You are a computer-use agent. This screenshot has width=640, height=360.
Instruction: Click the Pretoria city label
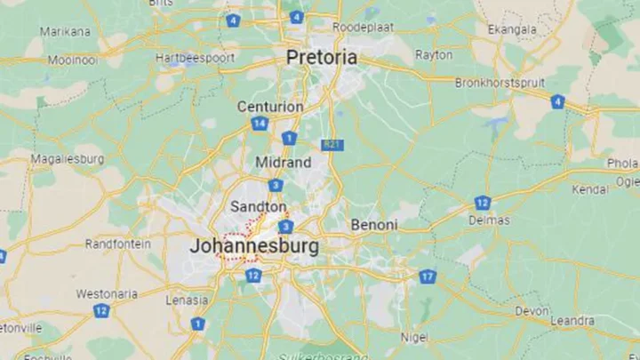[x=322, y=58]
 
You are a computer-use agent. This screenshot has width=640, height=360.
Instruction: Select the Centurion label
[x=270, y=107]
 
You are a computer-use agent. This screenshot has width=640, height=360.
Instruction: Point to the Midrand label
[x=284, y=163]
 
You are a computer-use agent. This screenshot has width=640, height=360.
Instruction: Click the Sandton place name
[x=258, y=206]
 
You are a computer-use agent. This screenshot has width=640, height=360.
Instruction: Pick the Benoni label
[x=373, y=225]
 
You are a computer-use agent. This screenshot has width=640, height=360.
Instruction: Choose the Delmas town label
[x=491, y=220]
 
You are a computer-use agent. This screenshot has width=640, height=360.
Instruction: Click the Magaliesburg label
[x=68, y=159]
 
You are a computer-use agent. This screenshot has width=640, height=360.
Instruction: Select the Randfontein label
[x=118, y=243]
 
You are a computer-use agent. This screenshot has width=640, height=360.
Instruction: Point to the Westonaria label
[x=107, y=293]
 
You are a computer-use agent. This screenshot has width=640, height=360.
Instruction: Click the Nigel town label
[x=413, y=337]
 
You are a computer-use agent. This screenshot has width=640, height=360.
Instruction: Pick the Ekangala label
[x=512, y=29]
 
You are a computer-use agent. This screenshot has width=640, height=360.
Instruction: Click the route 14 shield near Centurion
[x=259, y=124]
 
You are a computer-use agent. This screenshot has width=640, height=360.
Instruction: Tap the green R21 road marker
[x=332, y=143]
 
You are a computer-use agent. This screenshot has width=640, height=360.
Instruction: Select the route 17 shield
[x=428, y=276]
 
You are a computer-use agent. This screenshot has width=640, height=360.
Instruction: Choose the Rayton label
[x=433, y=54]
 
